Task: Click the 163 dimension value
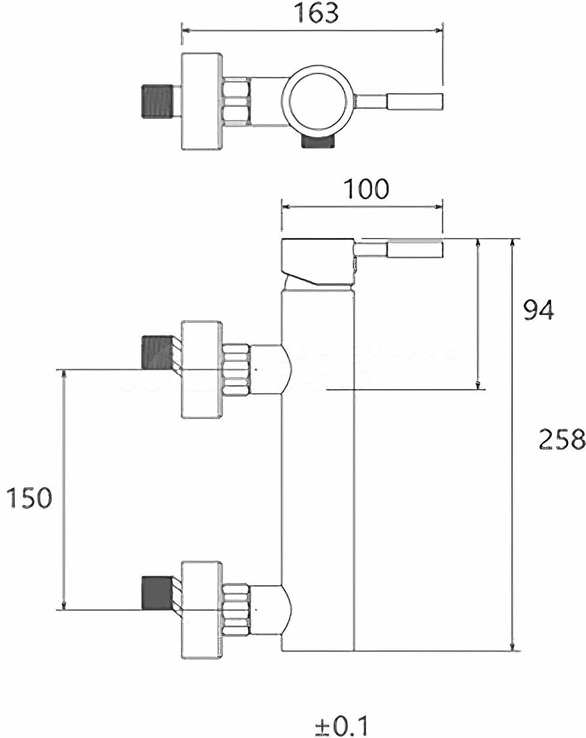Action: [316, 13]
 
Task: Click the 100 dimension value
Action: [366, 189]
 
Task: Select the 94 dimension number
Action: [538, 310]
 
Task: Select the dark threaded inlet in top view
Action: [157, 101]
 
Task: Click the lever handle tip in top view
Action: [415, 102]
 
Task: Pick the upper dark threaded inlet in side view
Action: [157, 352]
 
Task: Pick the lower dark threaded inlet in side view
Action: [157, 593]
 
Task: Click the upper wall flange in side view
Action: [201, 369]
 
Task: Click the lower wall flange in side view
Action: [201, 609]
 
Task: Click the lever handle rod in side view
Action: [400, 249]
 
